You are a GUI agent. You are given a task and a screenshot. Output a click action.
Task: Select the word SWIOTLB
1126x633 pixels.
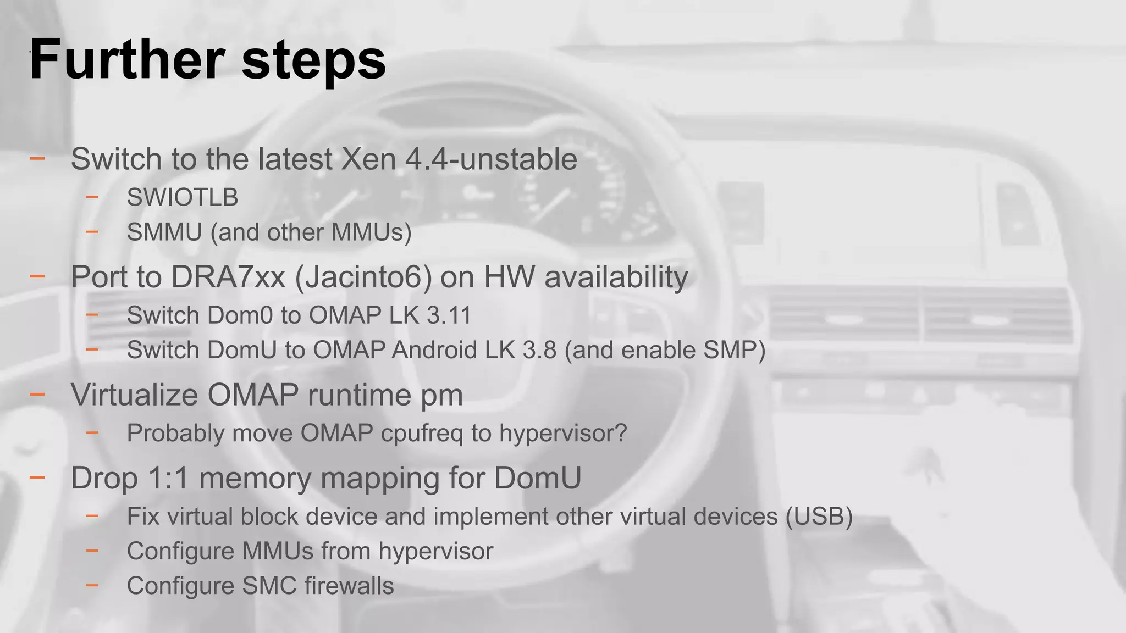click(183, 197)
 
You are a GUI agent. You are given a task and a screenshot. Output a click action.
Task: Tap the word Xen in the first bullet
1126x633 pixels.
click(369, 159)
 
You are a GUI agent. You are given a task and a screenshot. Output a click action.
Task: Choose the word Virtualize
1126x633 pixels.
click(134, 395)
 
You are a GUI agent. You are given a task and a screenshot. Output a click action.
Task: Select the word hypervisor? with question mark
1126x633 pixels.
click(563, 433)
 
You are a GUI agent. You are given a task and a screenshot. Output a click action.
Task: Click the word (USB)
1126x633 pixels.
click(819, 517)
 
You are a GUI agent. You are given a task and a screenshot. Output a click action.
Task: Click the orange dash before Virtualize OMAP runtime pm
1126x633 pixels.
click(37, 394)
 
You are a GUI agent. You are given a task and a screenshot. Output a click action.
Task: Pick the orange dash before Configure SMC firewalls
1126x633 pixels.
click(92, 585)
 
